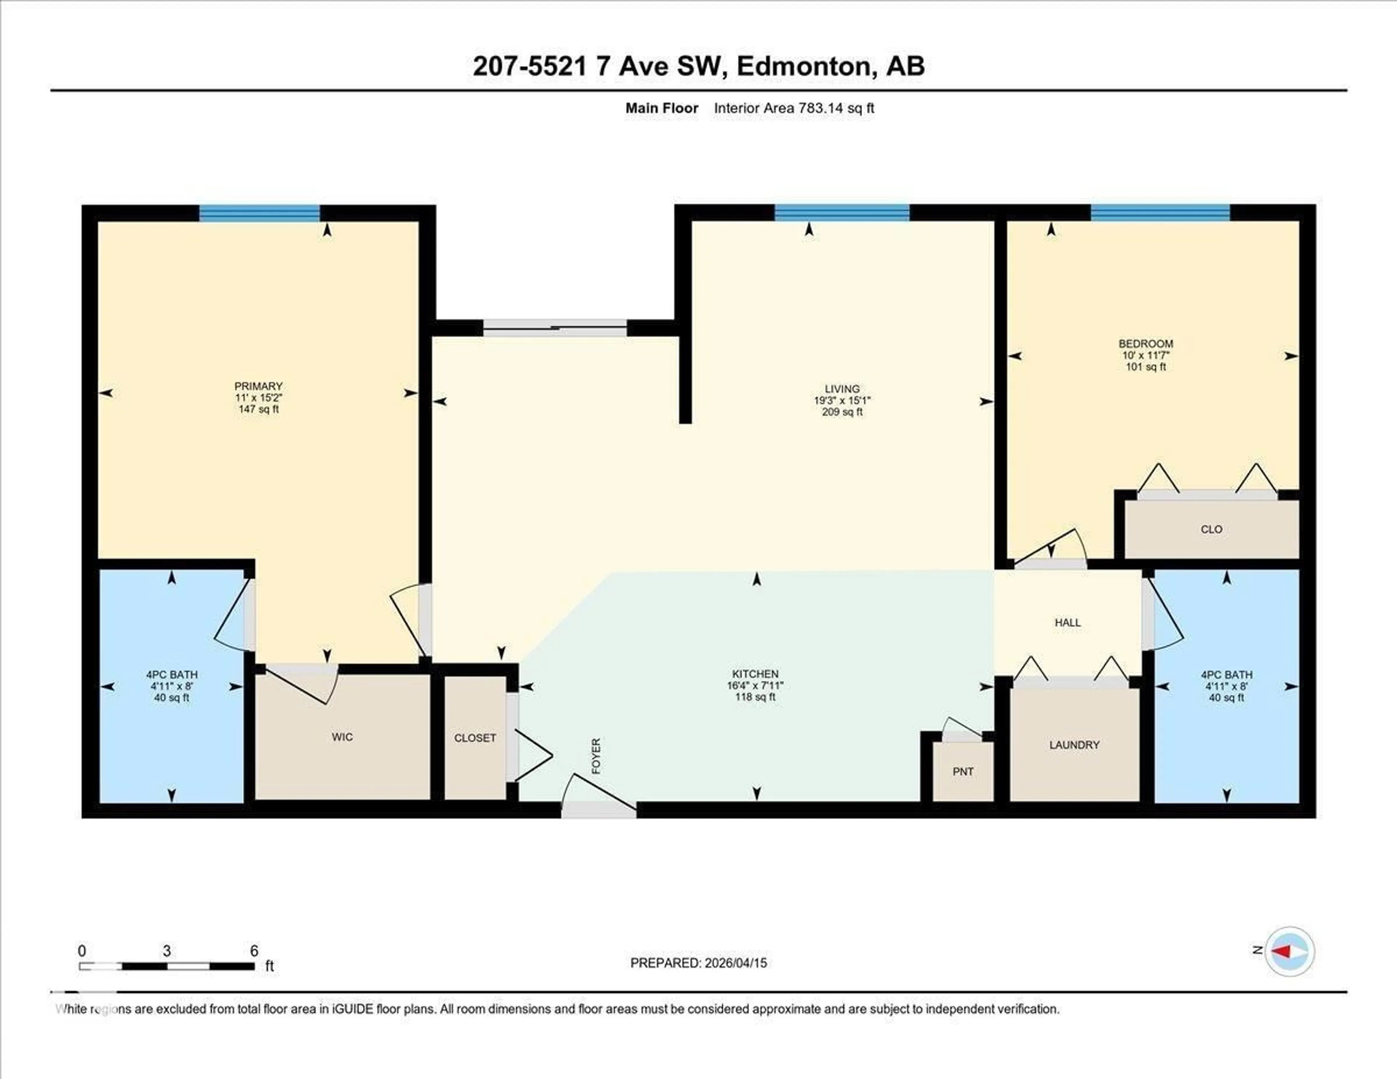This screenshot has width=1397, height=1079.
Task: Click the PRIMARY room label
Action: [x=258, y=386]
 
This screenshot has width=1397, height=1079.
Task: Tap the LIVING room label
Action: [x=842, y=389]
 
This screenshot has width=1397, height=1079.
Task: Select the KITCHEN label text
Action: [x=755, y=674]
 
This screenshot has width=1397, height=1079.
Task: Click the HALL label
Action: [x=1068, y=623]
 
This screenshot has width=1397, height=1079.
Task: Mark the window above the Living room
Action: [x=842, y=212]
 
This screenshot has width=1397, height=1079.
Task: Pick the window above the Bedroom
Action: [x=1160, y=212]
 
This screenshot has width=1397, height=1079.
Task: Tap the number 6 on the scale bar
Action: [x=254, y=951]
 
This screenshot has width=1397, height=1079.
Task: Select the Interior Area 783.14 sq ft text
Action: [x=794, y=108]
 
